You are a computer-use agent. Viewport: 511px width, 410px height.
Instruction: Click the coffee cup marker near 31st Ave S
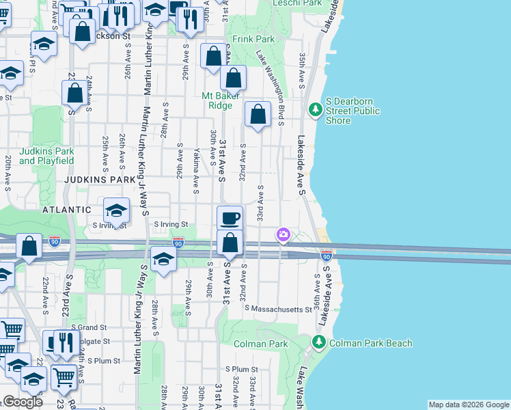click(x=230, y=218)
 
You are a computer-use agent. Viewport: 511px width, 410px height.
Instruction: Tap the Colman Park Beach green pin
click(x=318, y=341)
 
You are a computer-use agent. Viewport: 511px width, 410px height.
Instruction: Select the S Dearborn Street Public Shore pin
click(x=315, y=109)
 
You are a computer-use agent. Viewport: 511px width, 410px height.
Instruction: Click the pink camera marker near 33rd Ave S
click(x=283, y=235)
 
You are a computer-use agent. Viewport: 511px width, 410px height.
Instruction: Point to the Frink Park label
click(x=252, y=39)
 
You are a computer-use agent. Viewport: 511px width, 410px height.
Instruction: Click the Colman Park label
click(x=260, y=344)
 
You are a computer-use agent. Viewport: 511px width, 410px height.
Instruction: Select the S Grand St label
click(x=89, y=328)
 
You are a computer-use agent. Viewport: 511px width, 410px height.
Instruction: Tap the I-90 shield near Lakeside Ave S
click(x=327, y=255)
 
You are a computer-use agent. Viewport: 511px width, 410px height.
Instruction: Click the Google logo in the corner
click(x=23, y=402)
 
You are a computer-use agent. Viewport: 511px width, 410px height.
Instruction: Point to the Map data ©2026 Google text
click(x=468, y=405)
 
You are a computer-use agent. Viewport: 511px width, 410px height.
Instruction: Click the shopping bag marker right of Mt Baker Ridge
click(x=258, y=115)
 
